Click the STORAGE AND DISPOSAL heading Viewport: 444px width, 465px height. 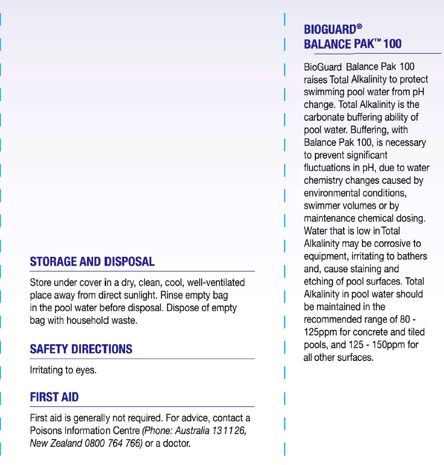[92, 262]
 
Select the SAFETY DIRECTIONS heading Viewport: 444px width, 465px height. [81, 349]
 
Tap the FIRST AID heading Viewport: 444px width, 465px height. [54, 397]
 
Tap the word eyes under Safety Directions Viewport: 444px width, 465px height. [85, 370]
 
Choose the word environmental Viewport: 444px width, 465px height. [331, 193]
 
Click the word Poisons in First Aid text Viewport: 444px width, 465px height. [45, 431]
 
